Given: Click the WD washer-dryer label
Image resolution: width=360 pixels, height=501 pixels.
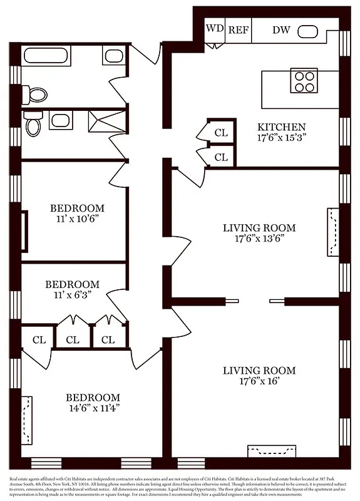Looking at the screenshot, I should click(x=215, y=29).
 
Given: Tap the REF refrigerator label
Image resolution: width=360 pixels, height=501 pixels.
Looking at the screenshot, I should click(x=238, y=29).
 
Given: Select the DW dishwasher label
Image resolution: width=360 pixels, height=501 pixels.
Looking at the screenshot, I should click(x=280, y=29).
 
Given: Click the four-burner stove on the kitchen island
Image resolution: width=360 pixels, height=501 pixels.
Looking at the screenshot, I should click(x=304, y=81).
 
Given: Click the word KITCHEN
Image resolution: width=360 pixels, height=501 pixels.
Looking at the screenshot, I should click(x=282, y=127).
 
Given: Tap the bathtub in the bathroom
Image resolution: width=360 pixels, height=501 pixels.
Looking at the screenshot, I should click(x=48, y=56).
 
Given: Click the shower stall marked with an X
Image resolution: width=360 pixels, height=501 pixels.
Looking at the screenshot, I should click(x=107, y=121).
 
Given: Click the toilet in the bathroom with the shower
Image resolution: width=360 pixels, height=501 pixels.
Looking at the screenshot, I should click(x=33, y=125).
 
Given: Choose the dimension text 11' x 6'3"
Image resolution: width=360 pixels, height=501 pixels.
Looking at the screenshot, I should click(x=72, y=294).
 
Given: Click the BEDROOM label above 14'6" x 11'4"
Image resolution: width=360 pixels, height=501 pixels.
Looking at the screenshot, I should click(x=94, y=397).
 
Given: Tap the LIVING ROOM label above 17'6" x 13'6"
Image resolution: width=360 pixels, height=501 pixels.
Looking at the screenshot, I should click(x=259, y=228).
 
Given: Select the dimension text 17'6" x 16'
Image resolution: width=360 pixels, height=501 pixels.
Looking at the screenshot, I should click(x=259, y=381).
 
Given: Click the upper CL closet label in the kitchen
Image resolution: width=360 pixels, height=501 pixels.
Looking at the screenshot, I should click(x=221, y=133).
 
